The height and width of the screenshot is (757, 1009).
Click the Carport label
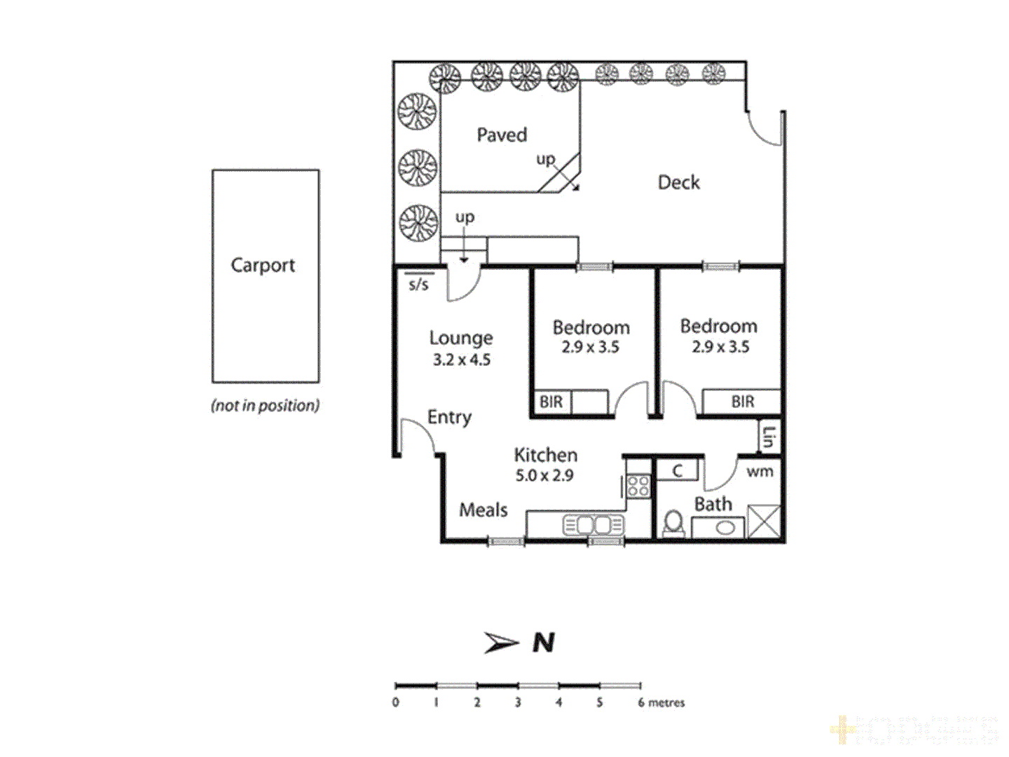coord(263,266)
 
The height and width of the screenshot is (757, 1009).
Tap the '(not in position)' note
coord(265,405)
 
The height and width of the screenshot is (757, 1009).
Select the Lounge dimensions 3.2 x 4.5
coord(461,360)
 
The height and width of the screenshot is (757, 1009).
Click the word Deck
coord(678,183)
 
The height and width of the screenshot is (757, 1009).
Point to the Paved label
coord(502,135)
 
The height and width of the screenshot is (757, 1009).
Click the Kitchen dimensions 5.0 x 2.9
coord(544,475)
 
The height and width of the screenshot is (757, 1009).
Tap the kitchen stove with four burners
coord(638,486)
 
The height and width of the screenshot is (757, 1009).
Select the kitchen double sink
coord(593,525)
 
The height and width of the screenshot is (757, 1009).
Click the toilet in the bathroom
coord(674,524)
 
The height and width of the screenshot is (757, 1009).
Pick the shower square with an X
coord(763,521)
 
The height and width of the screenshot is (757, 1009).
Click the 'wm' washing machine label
coord(760,472)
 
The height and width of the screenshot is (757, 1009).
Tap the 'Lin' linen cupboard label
coord(769,437)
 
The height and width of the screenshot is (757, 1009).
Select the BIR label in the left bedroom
coord(551,402)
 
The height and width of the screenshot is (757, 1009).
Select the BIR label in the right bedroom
coord(743,402)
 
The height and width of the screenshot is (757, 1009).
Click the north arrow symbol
coord(501,642)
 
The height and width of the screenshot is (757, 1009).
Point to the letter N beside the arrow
coord(544,642)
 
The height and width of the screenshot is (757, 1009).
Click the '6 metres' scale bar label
coord(661,702)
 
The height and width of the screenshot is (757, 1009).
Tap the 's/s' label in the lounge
coord(418,284)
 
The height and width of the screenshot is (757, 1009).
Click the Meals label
coord(483,510)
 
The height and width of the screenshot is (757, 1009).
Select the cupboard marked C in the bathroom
coord(677,470)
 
